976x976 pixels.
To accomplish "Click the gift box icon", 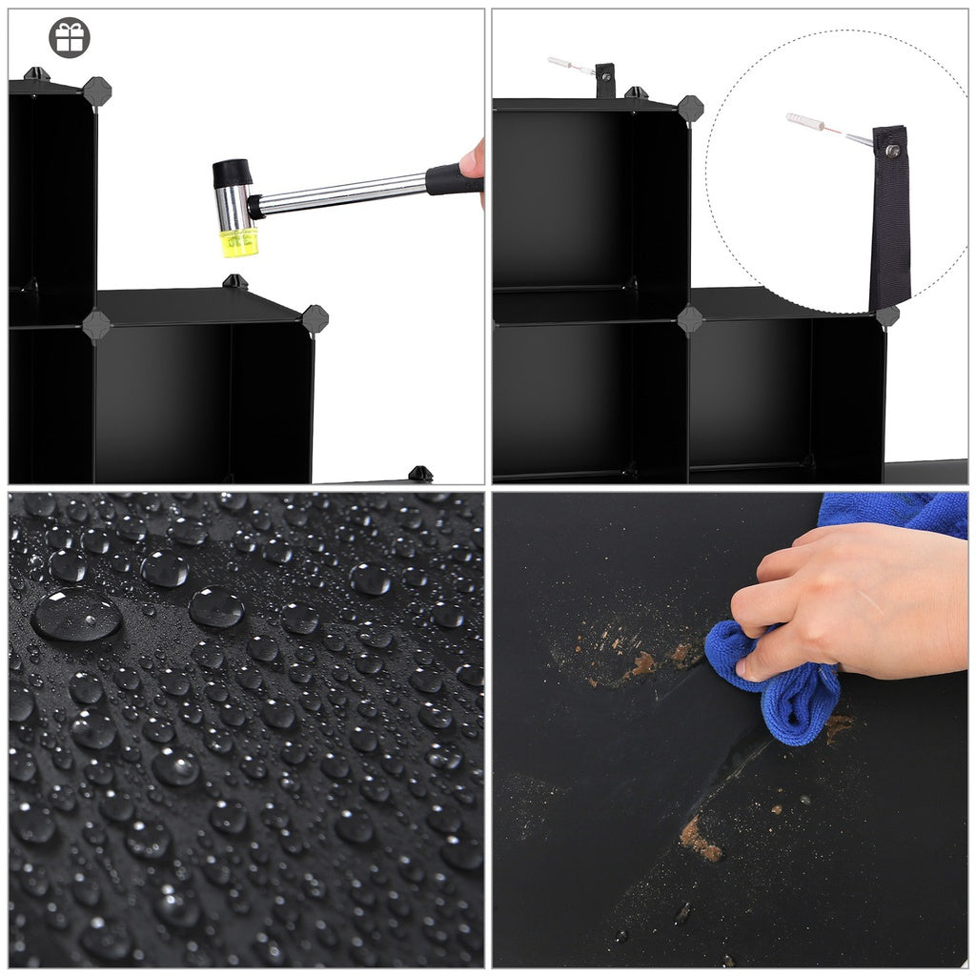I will coord(69,37).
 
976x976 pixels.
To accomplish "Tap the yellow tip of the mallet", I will coord(237,242).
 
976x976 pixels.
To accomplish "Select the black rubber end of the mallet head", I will coord(232,173).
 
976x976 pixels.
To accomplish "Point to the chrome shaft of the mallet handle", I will coord(343,193).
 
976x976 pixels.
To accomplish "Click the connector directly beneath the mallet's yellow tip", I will coord(234,282).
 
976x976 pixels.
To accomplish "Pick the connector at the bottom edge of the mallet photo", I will coord(420,474).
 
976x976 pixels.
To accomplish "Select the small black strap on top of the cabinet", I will coord(605,79).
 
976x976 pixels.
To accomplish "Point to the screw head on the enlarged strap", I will coord(893,150).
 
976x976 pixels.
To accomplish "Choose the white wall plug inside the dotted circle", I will coord(804,122).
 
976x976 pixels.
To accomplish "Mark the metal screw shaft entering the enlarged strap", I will coord(861,141).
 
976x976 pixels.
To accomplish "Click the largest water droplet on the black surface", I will coord(77,615).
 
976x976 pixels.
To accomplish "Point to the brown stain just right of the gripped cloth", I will coord(838,727).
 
